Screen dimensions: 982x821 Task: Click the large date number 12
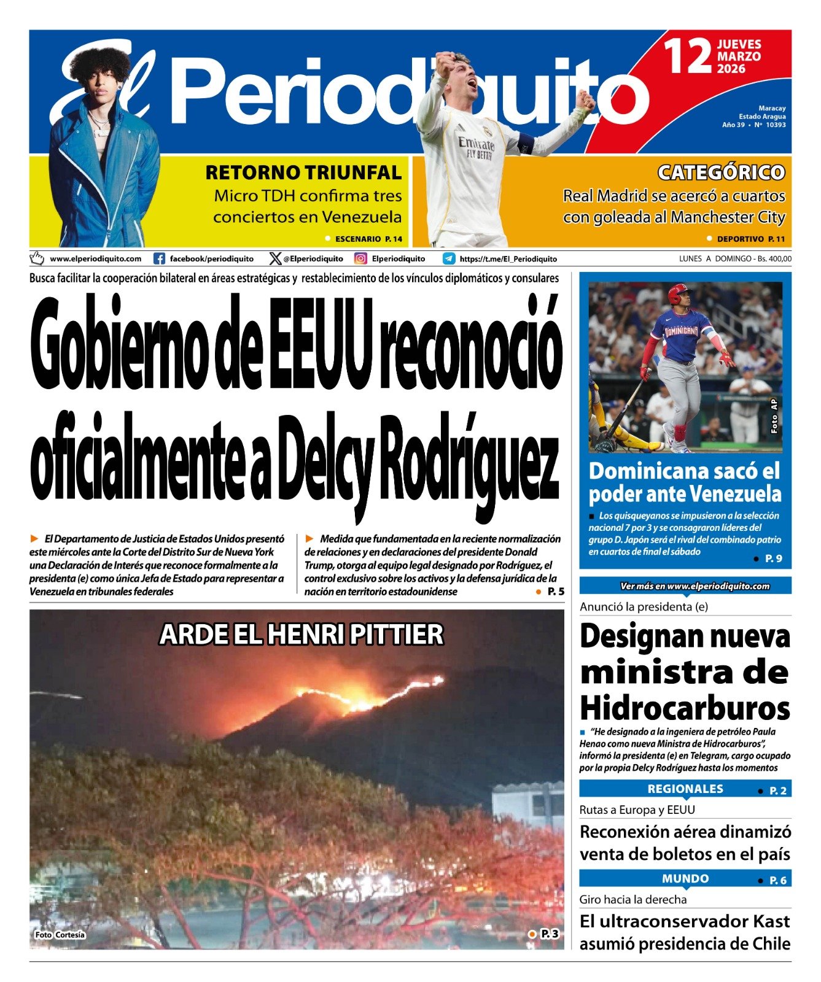click(x=688, y=56)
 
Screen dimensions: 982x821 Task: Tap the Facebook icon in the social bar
click(x=159, y=259)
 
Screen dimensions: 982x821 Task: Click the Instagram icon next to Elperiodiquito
click(x=360, y=259)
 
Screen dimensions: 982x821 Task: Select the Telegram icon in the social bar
click(x=449, y=259)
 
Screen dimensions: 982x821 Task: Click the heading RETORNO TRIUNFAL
click(x=303, y=173)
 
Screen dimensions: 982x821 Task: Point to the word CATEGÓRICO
click(x=721, y=172)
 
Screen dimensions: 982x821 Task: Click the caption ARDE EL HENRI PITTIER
click(x=301, y=635)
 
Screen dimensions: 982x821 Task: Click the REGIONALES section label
click(x=685, y=789)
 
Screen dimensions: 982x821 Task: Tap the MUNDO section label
click(x=685, y=879)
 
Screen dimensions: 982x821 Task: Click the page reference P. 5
click(x=555, y=592)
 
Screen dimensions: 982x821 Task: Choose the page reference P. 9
click(x=773, y=559)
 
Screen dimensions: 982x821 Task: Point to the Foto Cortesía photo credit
click(x=60, y=935)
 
